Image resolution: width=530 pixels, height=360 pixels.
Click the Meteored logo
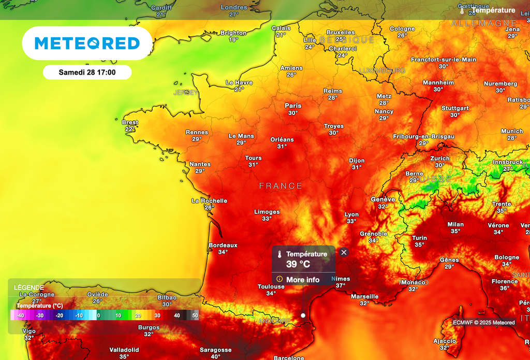(87, 44)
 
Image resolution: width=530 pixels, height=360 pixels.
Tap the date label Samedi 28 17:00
(87, 72)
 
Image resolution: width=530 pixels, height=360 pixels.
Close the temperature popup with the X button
(344, 252)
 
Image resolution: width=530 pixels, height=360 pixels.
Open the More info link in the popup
(303, 280)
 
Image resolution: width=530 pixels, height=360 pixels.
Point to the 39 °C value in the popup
(298, 264)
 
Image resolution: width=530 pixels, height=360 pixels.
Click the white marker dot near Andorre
(303, 315)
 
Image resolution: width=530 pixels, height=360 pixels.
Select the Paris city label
(293, 106)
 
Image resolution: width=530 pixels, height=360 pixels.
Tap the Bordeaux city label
(223, 245)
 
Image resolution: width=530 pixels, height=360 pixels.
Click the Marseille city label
(364, 296)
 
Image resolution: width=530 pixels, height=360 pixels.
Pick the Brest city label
(130, 122)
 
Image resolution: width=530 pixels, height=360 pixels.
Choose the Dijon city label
(357, 161)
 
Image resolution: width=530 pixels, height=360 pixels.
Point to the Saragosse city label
(215, 350)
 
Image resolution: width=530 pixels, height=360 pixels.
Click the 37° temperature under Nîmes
(341, 285)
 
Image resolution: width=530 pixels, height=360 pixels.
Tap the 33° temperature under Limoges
(267, 219)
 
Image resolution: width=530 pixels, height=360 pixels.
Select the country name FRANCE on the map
(281, 186)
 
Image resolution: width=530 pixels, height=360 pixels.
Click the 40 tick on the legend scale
(177, 315)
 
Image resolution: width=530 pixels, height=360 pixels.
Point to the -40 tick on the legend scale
(20, 315)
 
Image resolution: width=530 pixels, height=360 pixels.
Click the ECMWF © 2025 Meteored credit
(483, 322)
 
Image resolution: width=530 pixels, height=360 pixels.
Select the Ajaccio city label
(445, 341)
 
